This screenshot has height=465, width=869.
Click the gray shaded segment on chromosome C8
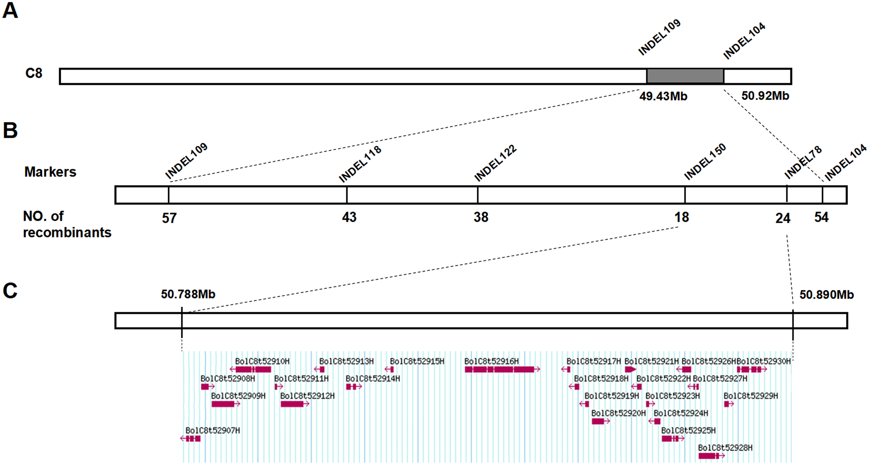(x=685, y=76)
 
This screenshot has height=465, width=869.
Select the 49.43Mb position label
(x=663, y=96)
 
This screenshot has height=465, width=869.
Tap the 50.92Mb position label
(x=765, y=96)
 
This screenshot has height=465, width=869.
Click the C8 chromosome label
(x=34, y=73)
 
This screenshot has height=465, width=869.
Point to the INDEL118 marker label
(x=360, y=164)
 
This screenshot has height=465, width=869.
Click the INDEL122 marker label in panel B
(x=495, y=163)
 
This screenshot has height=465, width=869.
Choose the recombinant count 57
(x=169, y=218)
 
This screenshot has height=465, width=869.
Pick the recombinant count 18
(x=681, y=218)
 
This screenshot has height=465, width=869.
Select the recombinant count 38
(x=481, y=217)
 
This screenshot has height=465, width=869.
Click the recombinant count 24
(x=783, y=218)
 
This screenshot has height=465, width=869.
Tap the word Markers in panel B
(x=50, y=172)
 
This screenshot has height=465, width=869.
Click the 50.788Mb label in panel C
(x=188, y=294)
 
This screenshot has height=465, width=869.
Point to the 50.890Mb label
(x=826, y=295)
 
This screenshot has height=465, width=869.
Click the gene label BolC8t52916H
(x=491, y=362)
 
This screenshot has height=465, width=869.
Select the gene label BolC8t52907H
(x=212, y=431)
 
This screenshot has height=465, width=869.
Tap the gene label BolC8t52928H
(x=725, y=448)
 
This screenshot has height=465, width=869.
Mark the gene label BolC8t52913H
(x=346, y=362)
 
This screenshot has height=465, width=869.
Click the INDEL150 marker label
(x=705, y=162)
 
